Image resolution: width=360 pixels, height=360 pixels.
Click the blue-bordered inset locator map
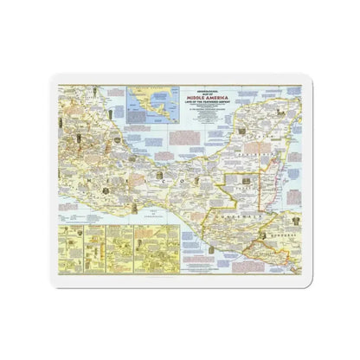click(x=148, y=102)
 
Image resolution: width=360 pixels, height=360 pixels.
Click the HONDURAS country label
click(x=275, y=236)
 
